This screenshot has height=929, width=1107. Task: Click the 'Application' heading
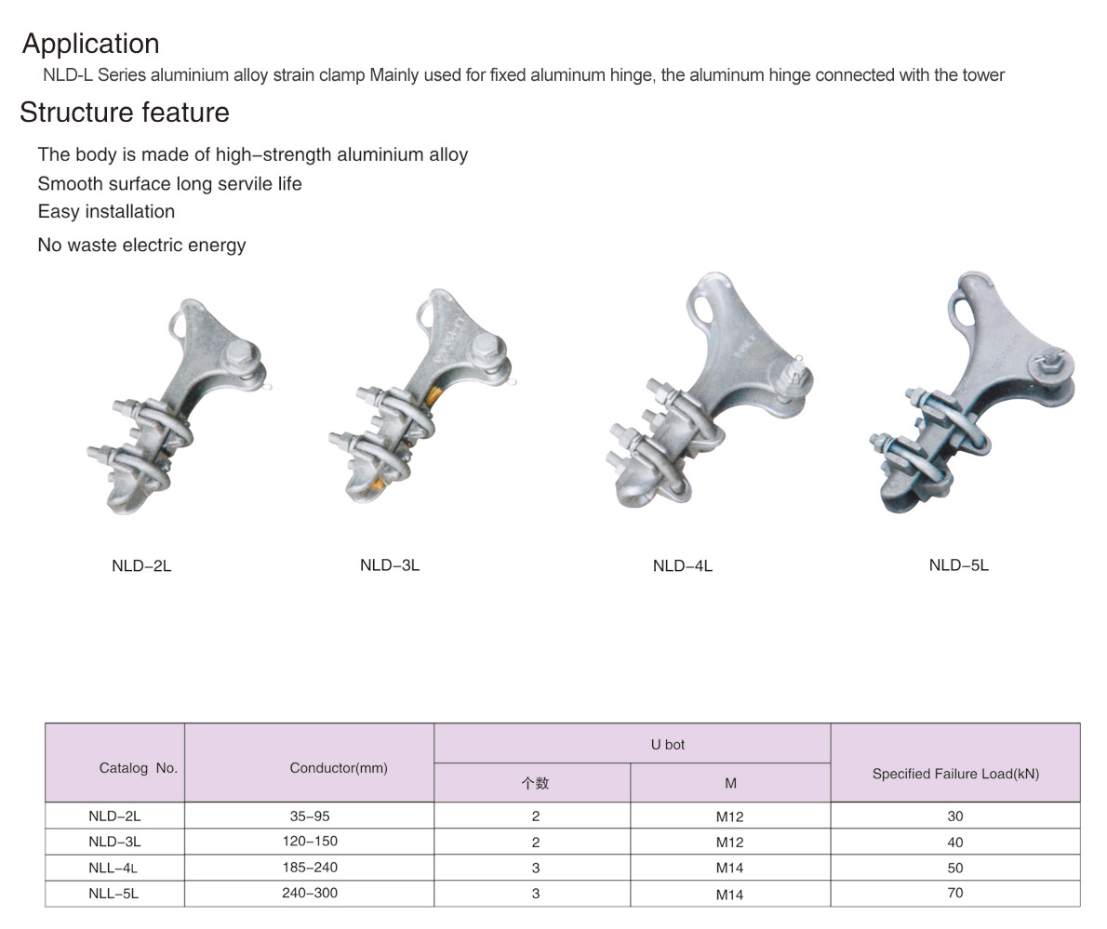91,44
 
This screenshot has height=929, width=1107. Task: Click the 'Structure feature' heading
125,113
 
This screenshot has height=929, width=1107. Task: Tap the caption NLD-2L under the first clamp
141,566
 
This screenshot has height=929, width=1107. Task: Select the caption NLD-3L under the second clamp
390,565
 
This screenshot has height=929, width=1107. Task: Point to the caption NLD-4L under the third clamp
683,566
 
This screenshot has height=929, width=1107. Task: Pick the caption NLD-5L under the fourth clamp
959,565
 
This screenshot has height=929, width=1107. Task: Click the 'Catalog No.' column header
139,768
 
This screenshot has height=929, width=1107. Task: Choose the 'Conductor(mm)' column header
339,768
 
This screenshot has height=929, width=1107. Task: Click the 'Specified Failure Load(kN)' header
956,774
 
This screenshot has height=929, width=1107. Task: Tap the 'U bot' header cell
668,745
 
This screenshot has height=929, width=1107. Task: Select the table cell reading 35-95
310,816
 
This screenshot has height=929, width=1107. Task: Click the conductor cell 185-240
310,867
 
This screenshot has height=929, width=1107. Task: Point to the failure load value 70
955,893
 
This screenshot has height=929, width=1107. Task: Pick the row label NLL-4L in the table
113,869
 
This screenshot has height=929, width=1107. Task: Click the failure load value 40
955,843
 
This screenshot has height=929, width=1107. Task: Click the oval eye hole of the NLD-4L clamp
704,305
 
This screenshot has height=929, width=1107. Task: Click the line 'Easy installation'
106,212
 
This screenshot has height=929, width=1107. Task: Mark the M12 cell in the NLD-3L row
730,843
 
